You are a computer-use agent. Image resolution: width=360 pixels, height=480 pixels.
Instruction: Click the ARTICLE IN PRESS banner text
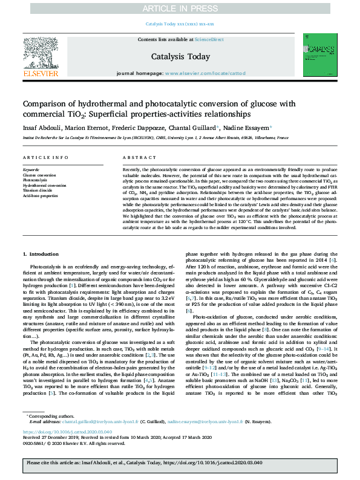[180, 8]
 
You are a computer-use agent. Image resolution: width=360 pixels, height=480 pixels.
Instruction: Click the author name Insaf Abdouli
[41, 128]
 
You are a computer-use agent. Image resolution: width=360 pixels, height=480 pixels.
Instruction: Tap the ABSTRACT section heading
[136, 158]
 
